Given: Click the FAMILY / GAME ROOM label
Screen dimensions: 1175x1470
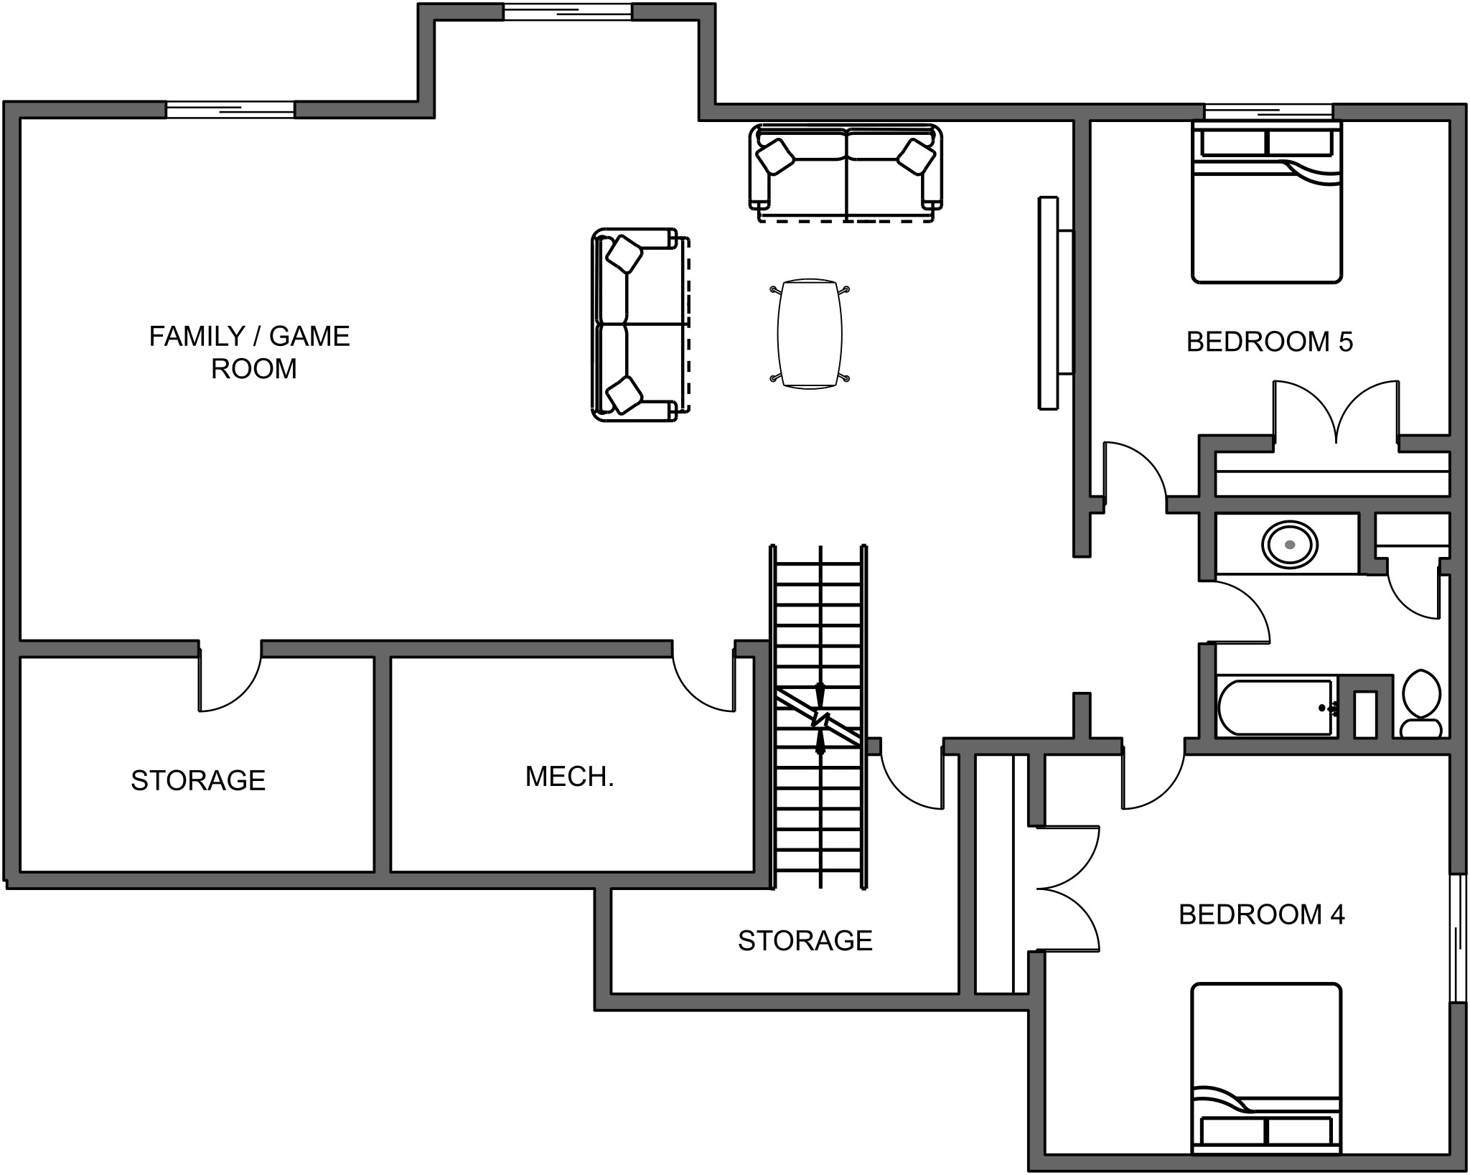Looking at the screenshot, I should [250, 352].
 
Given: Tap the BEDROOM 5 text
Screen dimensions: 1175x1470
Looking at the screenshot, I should [1269, 342].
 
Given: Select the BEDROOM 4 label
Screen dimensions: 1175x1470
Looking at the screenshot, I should [1261, 914].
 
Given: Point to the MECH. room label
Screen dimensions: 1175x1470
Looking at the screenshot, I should [569, 777].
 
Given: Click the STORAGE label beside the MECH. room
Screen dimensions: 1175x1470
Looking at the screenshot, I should [198, 781].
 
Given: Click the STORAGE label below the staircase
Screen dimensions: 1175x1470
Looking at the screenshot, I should [805, 941].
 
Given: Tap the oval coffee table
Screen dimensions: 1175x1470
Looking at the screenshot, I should [810, 334].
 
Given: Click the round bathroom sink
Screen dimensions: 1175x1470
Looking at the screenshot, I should [1290, 546].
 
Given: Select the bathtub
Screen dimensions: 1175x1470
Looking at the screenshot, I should [1275, 708].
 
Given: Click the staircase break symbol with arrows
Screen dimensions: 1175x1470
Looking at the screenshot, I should [820, 718].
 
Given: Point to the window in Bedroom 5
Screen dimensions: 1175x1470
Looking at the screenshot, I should [1268, 111].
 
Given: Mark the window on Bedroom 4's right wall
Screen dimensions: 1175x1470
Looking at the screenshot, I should [1457, 937].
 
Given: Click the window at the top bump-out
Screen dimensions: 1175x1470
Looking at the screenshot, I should [567, 11].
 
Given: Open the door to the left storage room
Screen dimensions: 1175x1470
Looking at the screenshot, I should [230, 678].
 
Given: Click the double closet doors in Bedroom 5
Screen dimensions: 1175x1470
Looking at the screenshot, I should [1336, 413].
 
